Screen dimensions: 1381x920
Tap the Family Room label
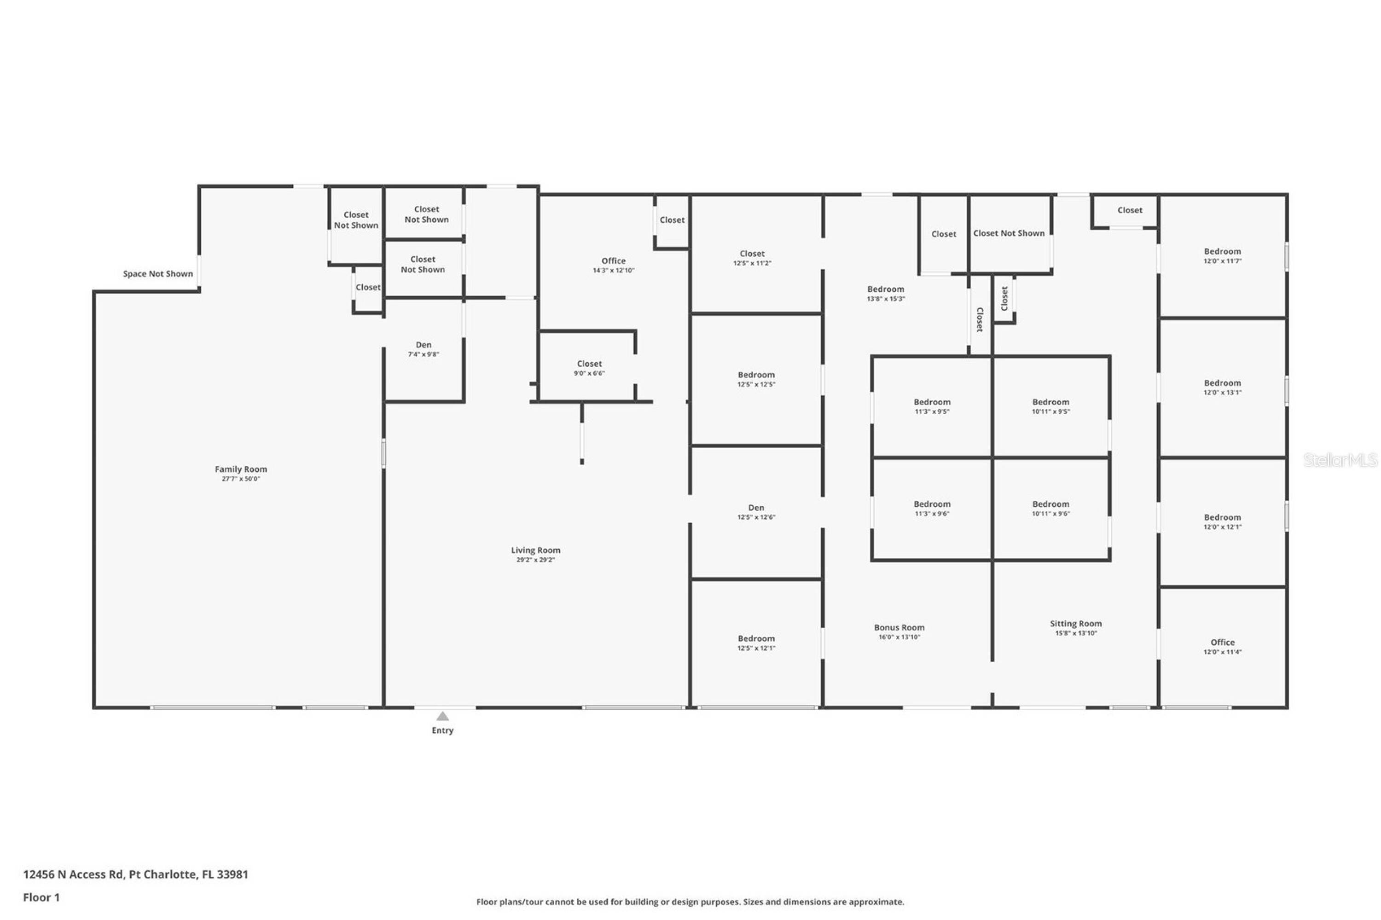pyautogui.click(x=241, y=469)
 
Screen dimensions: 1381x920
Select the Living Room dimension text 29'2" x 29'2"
pyautogui.click(x=535, y=560)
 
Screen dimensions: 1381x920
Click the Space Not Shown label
pyautogui.click(x=157, y=273)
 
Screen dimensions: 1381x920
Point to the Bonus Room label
pyautogui.click(x=899, y=627)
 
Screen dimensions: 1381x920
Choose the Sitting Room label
pyautogui.click(x=1075, y=624)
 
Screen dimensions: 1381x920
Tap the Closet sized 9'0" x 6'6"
pyautogui.click(x=589, y=368)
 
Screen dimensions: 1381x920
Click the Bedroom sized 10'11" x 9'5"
pyautogui.click(x=1050, y=406)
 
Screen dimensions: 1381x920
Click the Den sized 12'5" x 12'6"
pyautogui.click(x=756, y=512)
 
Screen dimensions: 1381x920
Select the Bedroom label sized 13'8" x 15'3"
pyautogui.click(x=886, y=289)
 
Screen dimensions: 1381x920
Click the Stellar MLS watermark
pyautogui.click(x=1340, y=460)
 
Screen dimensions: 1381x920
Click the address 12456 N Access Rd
pyautogui.click(x=73, y=874)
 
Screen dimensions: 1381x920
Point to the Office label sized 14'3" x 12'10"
pyautogui.click(x=613, y=260)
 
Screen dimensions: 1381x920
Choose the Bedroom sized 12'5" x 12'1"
pyautogui.click(x=756, y=642)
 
